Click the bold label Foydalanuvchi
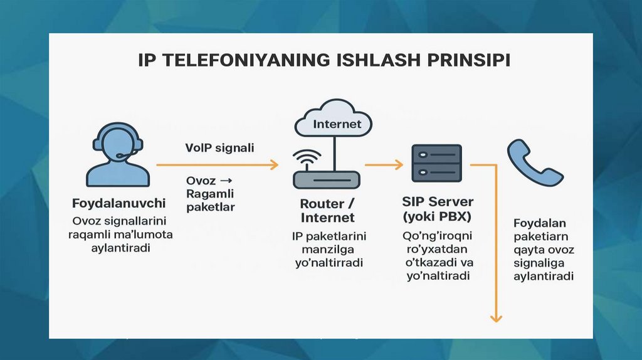tap(118, 203)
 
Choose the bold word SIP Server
tap(438, 203)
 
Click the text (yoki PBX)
tap(438, 217)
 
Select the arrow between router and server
tap(384, 165)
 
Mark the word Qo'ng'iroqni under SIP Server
tap(438, 236)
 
